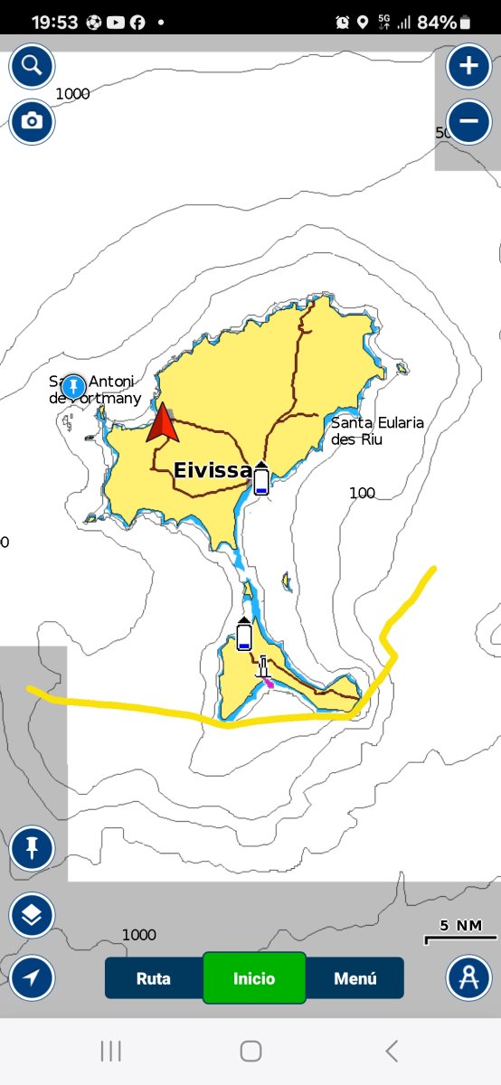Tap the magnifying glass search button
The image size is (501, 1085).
click(x=32, y=66)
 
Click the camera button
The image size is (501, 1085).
click(x=32, y=121)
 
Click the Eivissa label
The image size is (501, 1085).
click(x=212, y=470)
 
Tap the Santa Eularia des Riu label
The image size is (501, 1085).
click(x=377, y=430)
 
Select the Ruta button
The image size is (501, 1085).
click(x=154, y=978)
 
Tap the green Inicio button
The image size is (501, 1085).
click(x=254, y=978)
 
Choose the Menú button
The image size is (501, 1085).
click(x=354, y=978)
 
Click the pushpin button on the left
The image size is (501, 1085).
click(x=32, y=848)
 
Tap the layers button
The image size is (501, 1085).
click(x=32, y=915)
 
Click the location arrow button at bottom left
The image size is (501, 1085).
click(x=32, y=978)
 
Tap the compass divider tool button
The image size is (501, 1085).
click(x=468, y=978)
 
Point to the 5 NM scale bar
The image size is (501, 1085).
click(x=461, y=934)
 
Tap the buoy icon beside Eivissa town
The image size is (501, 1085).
click(x=261, y=478)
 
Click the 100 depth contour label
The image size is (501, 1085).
click(x=362, y=493)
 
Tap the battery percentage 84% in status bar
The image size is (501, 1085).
click(x=438, y=22)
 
